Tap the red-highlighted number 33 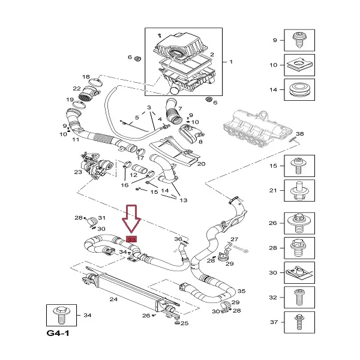(132, 239)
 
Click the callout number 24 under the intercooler (113, 298)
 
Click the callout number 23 (78, 172)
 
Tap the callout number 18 (86, 76)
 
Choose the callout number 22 (77, 89)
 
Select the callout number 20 (201, 163)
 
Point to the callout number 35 (241, 290)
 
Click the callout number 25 (184, 323)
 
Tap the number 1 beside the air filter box (231, 61)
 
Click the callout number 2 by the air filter (212, 55)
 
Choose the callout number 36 (178, 239)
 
